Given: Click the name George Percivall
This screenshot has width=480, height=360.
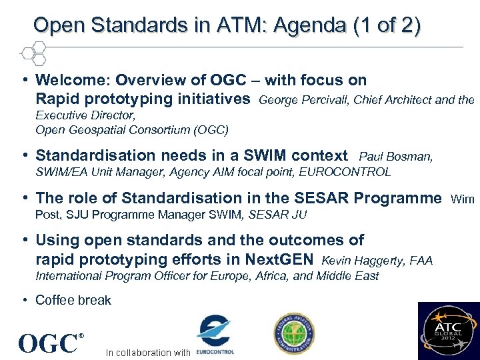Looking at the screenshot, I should pyautogui.click(x=304, y=101).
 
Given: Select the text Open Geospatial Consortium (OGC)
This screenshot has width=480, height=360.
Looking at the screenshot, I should pyautogui.click(x=131, y=129).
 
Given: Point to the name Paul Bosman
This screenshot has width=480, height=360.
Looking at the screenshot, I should pyautogui.click(x=395, y=157).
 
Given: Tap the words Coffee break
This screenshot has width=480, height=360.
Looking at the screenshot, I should pyautogui.click(x=73, y=300).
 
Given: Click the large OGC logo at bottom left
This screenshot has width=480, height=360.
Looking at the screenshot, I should pyautogui.click(x=48, y=343).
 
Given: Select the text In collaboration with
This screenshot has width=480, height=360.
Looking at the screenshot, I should pyautogui.click(x=148, y=353).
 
